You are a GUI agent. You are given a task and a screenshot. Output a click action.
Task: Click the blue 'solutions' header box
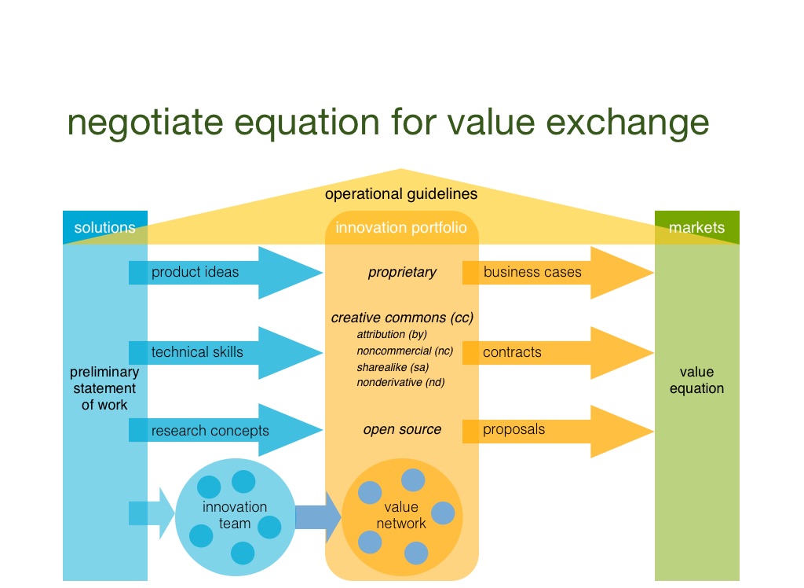(104, 228)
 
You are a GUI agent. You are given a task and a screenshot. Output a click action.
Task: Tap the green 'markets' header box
(696, 228)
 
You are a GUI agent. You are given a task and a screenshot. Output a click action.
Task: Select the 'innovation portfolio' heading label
(400, 228)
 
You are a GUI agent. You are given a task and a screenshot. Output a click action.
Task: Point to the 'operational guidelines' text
(400, 193)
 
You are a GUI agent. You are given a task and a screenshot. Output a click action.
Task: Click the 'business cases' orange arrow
(550, 273)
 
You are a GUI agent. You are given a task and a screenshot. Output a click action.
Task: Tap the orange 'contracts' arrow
(550, 352)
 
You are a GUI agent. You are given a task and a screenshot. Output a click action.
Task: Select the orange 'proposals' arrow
(550, 430)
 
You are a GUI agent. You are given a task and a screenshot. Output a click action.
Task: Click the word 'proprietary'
(401, 273)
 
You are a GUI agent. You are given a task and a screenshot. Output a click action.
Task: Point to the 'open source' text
(402, 429)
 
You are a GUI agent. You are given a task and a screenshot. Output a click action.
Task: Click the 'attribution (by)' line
(391, 334)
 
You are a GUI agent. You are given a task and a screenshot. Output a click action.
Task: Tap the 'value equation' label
(696, 380)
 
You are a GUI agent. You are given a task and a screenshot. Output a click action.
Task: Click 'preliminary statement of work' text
(104, 388)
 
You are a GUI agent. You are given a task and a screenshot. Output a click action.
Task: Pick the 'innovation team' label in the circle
(235, 515)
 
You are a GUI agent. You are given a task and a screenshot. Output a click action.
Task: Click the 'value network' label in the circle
(400, 515)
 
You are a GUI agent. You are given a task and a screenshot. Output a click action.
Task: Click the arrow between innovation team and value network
(316, 516)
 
